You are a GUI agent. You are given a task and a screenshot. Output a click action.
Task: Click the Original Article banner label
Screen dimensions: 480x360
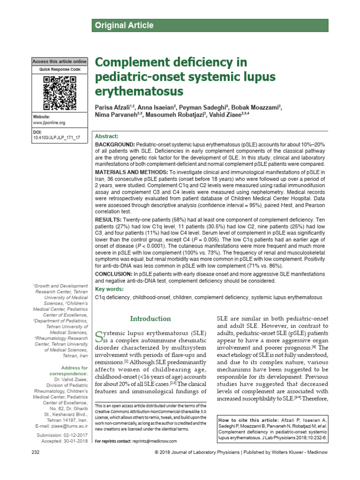point(124,25)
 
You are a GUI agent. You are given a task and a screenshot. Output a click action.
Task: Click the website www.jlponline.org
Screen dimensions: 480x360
point(49,123)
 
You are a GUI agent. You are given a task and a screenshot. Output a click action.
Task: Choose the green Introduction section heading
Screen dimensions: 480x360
point(150,319)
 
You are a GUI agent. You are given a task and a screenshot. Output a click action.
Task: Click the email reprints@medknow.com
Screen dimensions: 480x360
point(155,441)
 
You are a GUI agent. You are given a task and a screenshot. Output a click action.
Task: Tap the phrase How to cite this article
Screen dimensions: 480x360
point(248,420)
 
